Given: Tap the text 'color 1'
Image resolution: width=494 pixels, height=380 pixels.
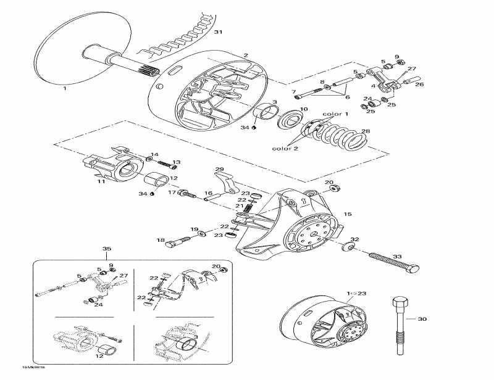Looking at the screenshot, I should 336,114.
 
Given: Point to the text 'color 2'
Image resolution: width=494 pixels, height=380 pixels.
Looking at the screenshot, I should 284,148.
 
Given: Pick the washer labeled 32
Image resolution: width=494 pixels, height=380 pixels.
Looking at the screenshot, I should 347,248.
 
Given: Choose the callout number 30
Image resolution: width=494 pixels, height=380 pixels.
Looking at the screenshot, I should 422,319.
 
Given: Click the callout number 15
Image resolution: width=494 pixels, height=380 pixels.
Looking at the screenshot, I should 347,214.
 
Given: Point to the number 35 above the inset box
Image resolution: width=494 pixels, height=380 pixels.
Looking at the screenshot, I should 107,249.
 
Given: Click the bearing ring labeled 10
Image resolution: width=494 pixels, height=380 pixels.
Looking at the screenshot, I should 288,120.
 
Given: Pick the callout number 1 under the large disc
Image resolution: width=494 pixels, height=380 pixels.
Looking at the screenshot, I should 64,88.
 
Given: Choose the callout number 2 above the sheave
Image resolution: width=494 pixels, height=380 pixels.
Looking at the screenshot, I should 245,56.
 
